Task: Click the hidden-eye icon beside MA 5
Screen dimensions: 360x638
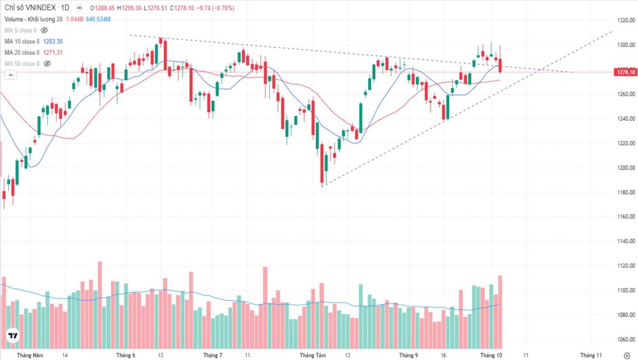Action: click(45, 30)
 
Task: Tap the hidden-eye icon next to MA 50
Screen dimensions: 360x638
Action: click(47, 64)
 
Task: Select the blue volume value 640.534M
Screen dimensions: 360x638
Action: click(98, 19)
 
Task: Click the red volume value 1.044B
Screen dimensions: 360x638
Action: click(74, 19)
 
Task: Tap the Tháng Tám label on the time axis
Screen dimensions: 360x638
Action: click(313, 354)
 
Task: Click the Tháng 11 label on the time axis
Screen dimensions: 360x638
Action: click(591, 354)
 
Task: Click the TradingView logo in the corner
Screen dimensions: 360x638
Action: click(12, 336)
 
